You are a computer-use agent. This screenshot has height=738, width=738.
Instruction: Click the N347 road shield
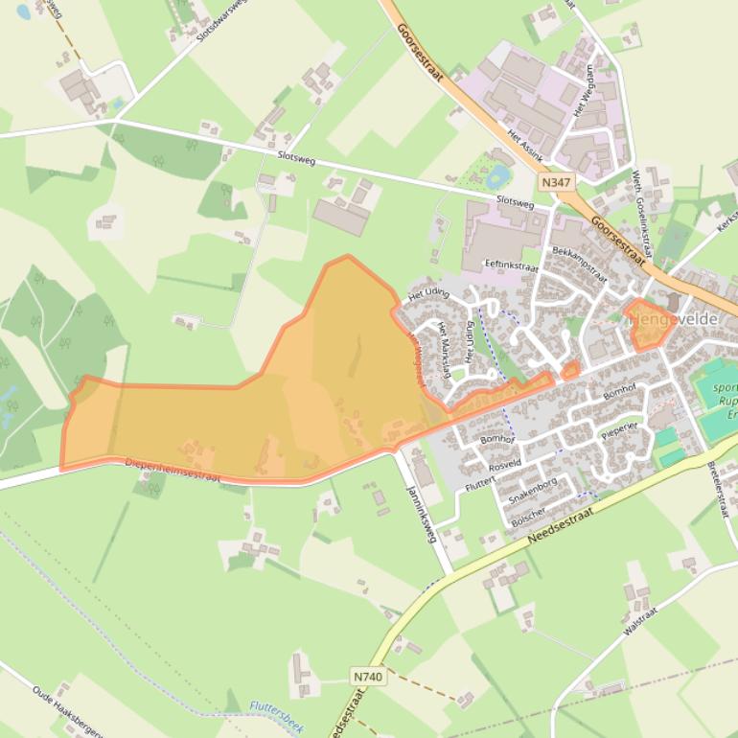pos(554,182)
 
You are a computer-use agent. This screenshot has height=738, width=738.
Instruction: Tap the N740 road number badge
pos(367,677)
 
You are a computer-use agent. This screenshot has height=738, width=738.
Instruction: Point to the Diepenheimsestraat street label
pos(172,470)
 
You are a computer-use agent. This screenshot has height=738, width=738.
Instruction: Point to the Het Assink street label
pos(525,143)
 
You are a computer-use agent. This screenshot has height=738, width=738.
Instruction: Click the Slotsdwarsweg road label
pos(219,19)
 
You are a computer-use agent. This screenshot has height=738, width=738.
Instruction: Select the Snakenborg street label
pos(534,495)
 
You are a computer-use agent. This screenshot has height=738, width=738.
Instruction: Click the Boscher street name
pos(528,517)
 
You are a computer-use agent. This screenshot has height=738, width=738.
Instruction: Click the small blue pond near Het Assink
pos(497,176)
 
